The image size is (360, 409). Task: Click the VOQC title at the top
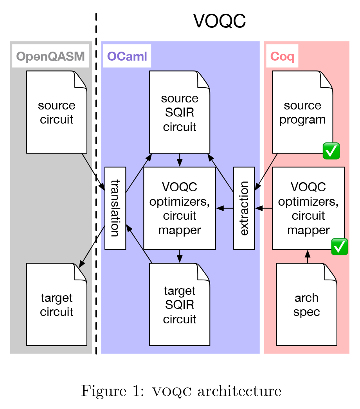[220, 21]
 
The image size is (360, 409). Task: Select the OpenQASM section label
[50, 57]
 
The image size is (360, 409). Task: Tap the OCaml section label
[127, 56]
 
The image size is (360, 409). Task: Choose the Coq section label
[282, 56]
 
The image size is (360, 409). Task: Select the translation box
[115, 208]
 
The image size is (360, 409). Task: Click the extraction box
[244, 208]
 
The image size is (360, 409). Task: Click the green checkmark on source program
[331, 151]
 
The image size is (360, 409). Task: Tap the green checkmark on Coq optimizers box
[340, 247]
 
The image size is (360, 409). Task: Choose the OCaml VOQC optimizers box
[180, 208]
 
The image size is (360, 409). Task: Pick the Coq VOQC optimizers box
[308, 208]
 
